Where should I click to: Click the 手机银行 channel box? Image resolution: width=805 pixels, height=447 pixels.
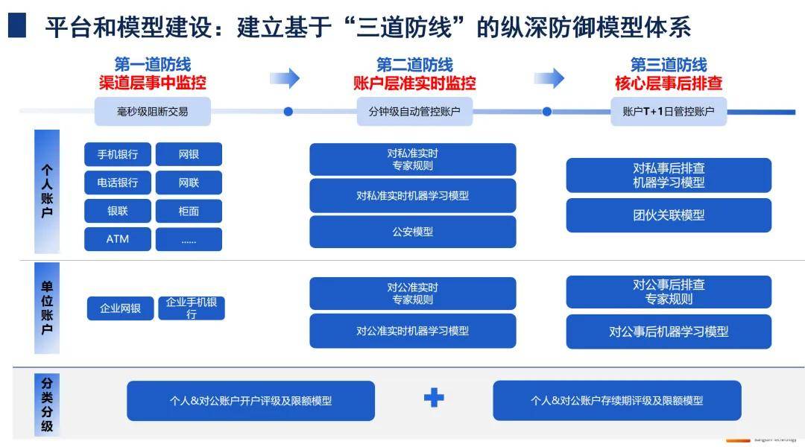click(118, 154)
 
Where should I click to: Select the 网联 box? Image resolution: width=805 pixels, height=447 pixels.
click(189, 183)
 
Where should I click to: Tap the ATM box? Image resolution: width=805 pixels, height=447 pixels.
click(118, 239)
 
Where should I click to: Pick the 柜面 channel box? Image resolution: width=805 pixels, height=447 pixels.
click(189, 211)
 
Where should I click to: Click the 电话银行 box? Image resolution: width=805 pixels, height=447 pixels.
click(118, 183)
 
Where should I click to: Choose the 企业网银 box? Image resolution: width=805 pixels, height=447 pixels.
click(121, 308)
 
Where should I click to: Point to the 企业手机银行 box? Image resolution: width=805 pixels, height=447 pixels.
click(192, 308)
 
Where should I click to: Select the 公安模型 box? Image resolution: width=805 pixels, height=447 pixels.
click(413, 232)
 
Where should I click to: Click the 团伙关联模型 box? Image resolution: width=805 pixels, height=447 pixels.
click(669, 215)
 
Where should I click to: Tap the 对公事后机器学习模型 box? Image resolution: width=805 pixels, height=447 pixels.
click(669, 332)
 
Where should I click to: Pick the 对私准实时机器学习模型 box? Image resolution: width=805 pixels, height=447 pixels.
click(413, 195)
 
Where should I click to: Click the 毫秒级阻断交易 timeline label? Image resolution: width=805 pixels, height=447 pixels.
click(153, 111)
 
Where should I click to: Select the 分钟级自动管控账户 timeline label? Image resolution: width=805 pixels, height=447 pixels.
click(414, 111)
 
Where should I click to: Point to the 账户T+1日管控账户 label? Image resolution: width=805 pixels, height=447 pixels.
click(669, 111)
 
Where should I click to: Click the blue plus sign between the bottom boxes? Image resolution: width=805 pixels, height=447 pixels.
click(434, 398)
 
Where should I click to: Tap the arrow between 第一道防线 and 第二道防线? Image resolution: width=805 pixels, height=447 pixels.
click(285, 78)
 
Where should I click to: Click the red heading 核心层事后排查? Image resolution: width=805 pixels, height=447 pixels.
click(669, 83)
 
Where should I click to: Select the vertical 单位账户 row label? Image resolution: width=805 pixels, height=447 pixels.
click(47, 308)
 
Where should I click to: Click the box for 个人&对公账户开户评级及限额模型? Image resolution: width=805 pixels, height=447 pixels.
click(250, 401)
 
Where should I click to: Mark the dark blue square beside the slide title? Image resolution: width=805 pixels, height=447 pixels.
click(17, 25)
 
